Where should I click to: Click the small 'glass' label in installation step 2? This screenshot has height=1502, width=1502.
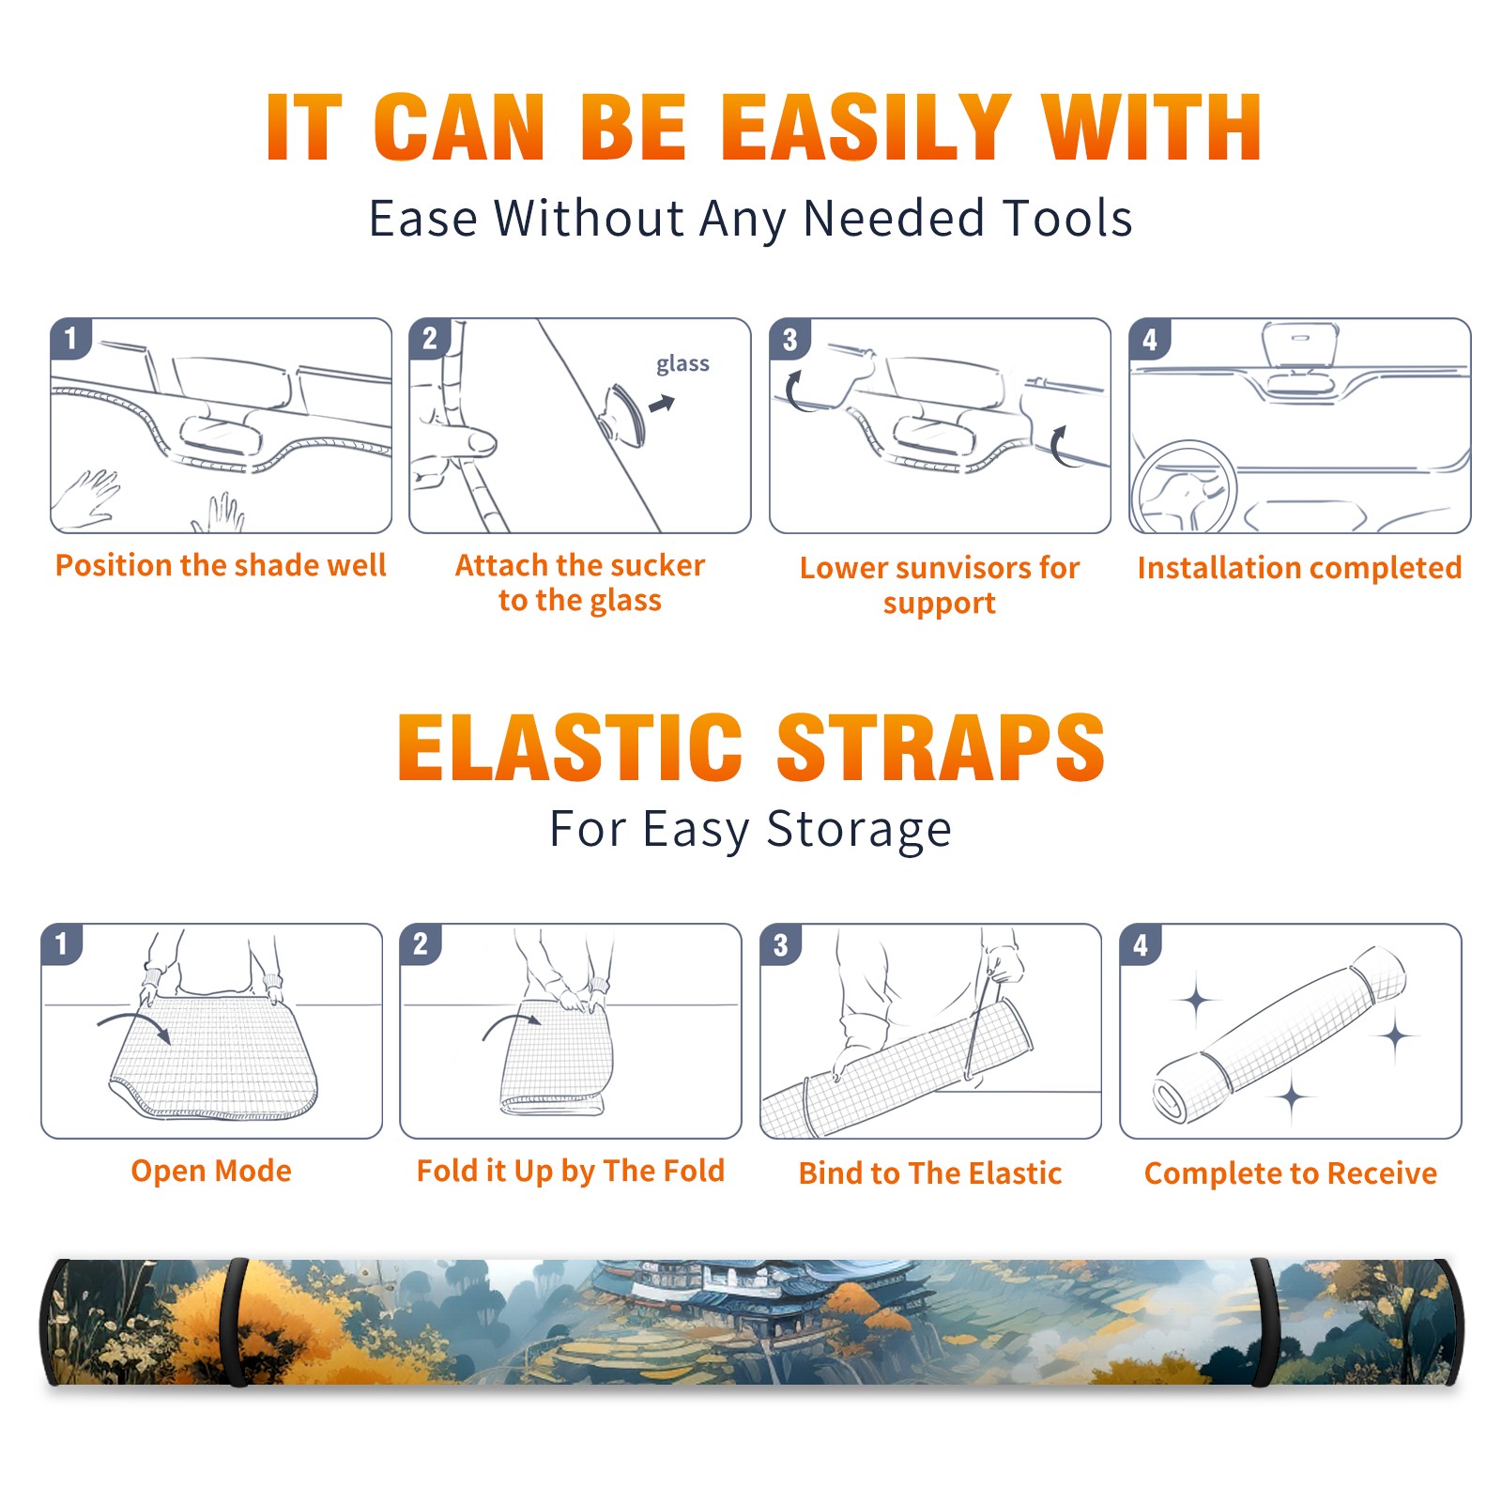[x=682, y=364]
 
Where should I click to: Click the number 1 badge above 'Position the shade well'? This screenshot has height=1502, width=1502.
[x=70, y=338]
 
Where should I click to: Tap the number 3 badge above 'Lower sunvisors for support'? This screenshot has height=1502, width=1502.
[x=789, y=338]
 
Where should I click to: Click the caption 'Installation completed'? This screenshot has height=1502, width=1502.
[x=1299, y=568]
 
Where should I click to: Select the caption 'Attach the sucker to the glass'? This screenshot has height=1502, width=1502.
[x=580, y=582]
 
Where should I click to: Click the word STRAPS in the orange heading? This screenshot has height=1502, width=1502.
[x=941, y=747]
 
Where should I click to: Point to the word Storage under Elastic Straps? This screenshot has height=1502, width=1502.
[x=859, y=830]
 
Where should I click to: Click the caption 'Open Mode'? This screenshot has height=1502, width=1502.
[x=211, y=1171]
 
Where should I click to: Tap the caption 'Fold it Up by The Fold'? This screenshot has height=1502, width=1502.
[x=571, y=1172]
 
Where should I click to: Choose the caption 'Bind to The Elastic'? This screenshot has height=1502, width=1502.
[x=930, y=1173]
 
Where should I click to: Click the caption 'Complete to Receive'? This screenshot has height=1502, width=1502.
[x=1291, y=1173]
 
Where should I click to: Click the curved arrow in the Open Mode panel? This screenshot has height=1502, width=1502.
[x=136, y=1018]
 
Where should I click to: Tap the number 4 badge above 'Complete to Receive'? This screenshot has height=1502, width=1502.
[x=1141, y=944]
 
